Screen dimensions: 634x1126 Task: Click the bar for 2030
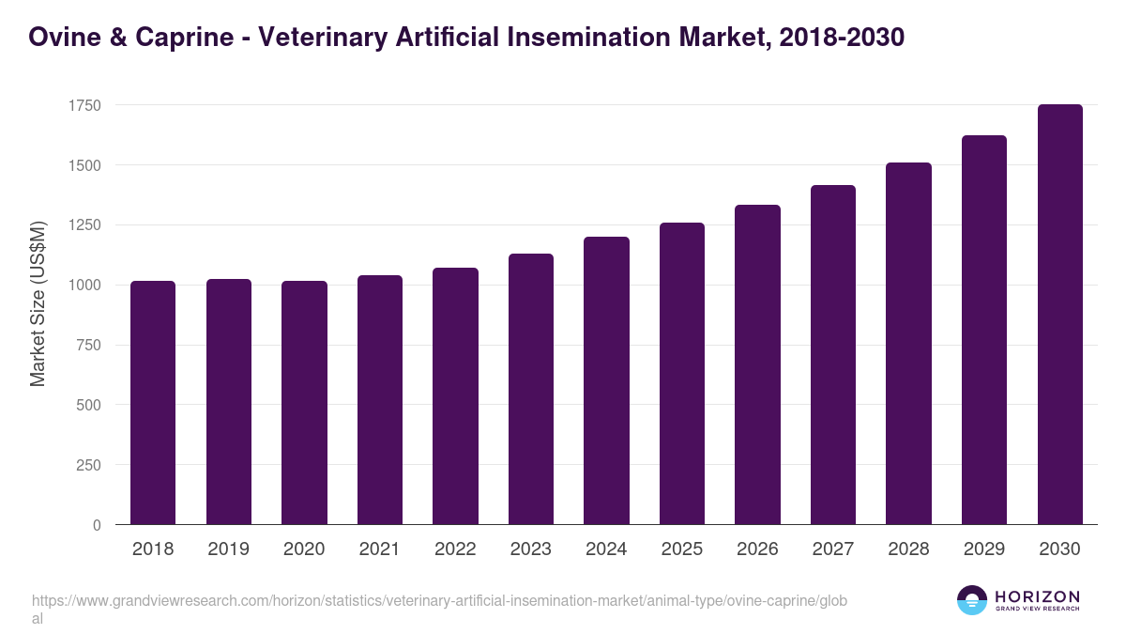tap(1060, 315)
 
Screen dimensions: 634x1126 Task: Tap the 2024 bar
tap(606, 380)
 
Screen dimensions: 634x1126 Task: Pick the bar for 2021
tap(380, 399)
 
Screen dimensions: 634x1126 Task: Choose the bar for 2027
tap(833, 355)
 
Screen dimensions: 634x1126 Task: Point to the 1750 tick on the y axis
tap(85, 105)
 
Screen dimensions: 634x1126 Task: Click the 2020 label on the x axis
tap(304, 549)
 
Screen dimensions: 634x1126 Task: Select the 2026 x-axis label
tap(757, 549)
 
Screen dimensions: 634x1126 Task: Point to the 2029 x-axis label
tap(984, 549)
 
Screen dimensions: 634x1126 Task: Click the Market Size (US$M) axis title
tap(38, 303)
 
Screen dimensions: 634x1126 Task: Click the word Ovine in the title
tap(65, 38)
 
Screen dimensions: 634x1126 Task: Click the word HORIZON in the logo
tap(1037, 596)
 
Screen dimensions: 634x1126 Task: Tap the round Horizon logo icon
tap(972, 600)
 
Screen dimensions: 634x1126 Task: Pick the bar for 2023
tap(531, 389)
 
